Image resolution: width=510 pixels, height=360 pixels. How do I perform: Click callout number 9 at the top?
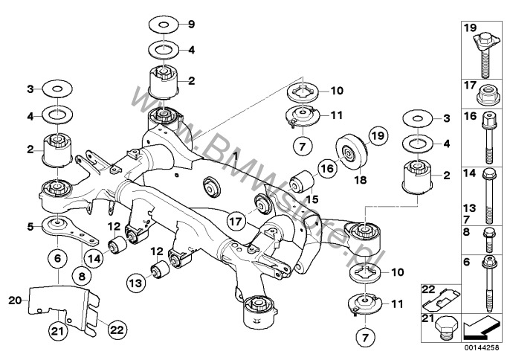coord(190,25)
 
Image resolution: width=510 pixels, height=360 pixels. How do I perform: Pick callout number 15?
coord(311,199)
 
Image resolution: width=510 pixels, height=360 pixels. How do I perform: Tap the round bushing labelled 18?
coord(347,153)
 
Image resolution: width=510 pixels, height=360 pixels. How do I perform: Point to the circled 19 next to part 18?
coord(378,136)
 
